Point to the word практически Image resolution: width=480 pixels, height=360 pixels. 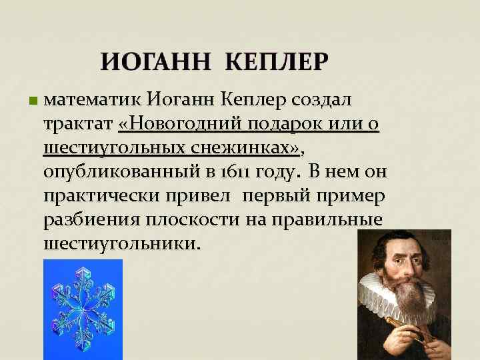[101, 196]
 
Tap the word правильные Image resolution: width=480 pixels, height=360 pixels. [319, 220]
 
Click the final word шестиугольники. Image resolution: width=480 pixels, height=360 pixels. [120, 244]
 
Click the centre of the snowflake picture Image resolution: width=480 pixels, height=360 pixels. [83, 308]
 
